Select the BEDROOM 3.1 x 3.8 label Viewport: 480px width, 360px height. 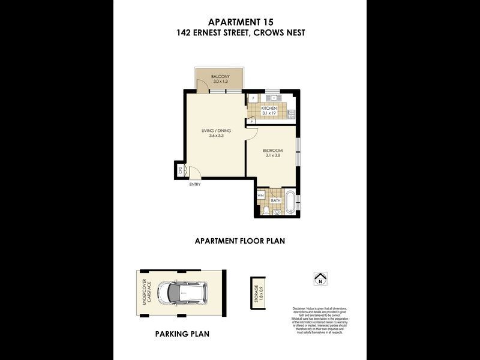pyautogui.click(x=273, y=152)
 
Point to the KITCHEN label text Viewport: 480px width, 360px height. pyautogui.click(x=268, y=109)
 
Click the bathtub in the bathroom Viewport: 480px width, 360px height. pyautogui.click(x=290, y=202)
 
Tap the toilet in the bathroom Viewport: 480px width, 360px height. pyautogui.click(x=276, y=212)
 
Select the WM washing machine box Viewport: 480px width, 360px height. pyautogui.click(x=261, y=196)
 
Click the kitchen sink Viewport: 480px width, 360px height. pyautogui.click(x=273, y=97)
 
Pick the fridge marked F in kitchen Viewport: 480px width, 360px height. pyautogui.click(x=253, y=98)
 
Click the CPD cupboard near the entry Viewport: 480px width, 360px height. pyautogui.click(x=180, y=170)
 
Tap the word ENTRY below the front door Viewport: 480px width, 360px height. pyautogui.click(x=194, y=184)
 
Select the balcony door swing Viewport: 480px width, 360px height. pyautogui.click(x=203, y=86)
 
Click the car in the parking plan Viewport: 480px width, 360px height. pyautogui.click(x=183, y=293)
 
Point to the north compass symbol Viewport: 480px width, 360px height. pyautogui.click(x=320, y=278)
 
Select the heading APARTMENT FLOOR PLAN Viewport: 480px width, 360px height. pyautogui.click(x=239, y=241)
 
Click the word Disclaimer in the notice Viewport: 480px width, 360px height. pyautogui.click(x=299, y=309)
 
